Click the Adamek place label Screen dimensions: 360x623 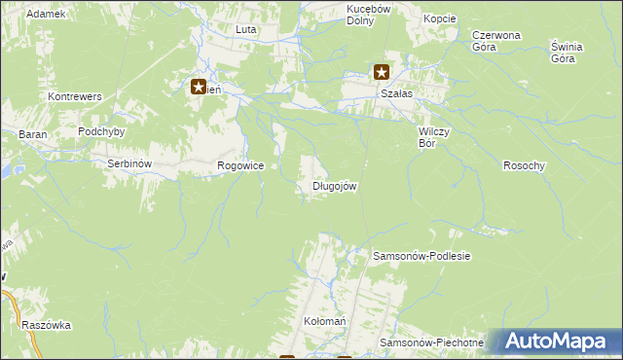coord(46,14)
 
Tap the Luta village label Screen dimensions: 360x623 coord(245,29)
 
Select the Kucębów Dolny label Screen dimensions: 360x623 coord(368,14)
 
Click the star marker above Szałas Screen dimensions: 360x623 coord(382,71)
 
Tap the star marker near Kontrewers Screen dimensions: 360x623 coord(199,87)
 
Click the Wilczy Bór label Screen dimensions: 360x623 coord(431,136)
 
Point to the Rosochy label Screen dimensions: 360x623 coord(524,165)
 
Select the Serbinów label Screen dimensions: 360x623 coord(128,164)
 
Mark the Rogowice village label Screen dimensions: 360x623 coord(240,166)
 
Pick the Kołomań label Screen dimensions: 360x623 coord(325,320)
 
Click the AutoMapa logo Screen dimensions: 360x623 coord(554,342)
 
